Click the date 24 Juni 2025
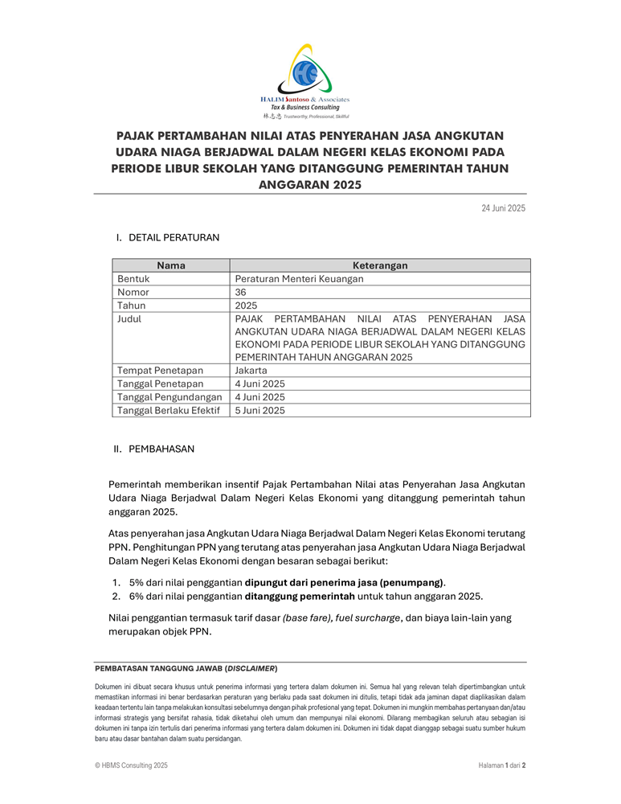tap(503, 208)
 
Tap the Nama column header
tap(171, 265)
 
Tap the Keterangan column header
tap(380, 265)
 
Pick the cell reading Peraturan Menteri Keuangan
tap(299, 279)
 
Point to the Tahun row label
tap(132, 306)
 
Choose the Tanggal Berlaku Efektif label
tap(169, 410)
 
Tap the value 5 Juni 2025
tap(260, 410)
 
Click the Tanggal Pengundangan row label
tap(170, 397)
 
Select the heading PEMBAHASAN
tap(161, 449)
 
